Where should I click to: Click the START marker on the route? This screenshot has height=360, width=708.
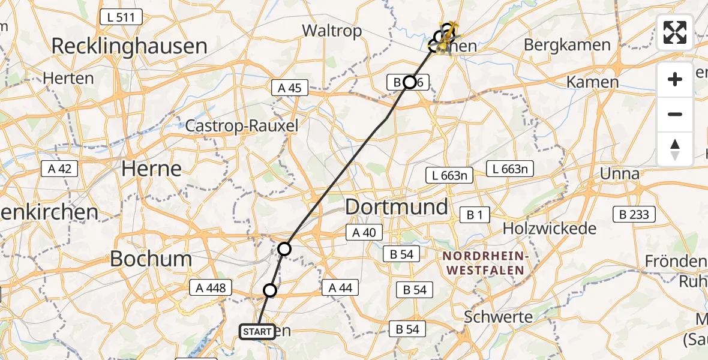click(x=257, y=331)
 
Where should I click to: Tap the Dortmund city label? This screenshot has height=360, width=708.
click(x=397, y=207)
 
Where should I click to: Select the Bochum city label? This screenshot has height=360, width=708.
click(x=151, y=259)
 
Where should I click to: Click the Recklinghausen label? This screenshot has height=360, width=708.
click(x=129, y=46)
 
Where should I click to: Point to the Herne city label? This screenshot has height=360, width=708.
click(x=151, y=168)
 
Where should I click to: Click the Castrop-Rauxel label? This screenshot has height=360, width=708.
click(x=242, y=126)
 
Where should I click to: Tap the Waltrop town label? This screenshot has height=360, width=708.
click(x=332, y=31)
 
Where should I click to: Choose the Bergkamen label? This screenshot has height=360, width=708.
click(x=567, y=45)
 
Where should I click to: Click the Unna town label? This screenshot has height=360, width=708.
click(x=621, y=174)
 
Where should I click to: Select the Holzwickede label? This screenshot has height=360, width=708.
click(x=550, y=228)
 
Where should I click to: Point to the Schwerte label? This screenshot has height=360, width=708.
click(x=499, y=316)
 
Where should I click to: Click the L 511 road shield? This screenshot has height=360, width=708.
click(x=122, y=17)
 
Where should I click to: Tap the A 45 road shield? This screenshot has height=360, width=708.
click(x=290, y=88)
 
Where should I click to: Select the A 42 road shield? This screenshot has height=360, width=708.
click(x=60, y=169)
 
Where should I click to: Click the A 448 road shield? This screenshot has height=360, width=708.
click(x=210, y=288)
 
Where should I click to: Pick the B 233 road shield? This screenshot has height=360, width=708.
click(x=634, y=214)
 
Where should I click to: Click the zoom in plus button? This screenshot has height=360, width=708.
click(x=675, y=79)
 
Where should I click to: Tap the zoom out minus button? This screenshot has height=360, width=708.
click(x=675, y=114)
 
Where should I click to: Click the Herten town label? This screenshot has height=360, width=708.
click(x=69, y=78)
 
